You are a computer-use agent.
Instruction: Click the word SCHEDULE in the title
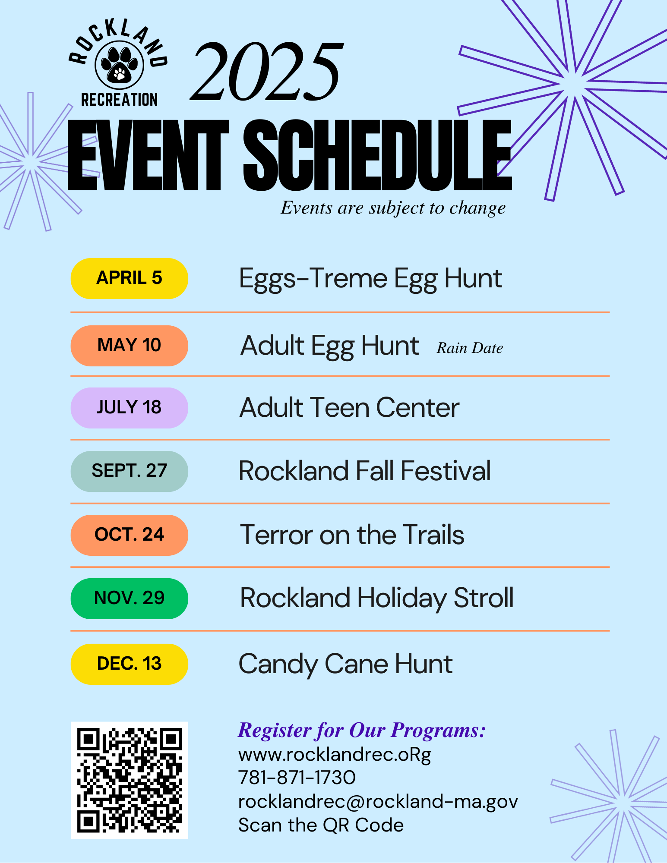pos(377,156)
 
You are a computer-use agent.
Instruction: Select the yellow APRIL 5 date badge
pos(129,278)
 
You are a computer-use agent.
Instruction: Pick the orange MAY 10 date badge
pos(129,346)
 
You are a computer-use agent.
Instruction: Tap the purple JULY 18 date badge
pos(129,408)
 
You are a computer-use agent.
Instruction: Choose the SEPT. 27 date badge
pos(129,471)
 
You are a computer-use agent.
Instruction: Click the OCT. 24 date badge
pos(129,535)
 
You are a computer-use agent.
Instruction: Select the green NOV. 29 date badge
pos(129,598)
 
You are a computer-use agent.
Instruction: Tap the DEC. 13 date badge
pos(129,664)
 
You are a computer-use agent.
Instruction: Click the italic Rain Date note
pos(470,348)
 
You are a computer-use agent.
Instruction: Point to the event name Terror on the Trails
pos(352,535)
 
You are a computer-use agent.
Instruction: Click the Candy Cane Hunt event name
pos(345,664)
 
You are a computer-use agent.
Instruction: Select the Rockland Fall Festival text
pos(365,471)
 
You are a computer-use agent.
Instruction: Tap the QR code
pos(130,780)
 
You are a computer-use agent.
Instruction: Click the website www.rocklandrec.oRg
pos(335,755)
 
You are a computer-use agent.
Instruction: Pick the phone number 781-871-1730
pos(297,778)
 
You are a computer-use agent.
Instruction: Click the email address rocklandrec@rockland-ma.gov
pos(378,802)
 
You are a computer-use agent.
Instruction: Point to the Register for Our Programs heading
pos(362,731)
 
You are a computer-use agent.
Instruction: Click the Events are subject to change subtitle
pos(393,208)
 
